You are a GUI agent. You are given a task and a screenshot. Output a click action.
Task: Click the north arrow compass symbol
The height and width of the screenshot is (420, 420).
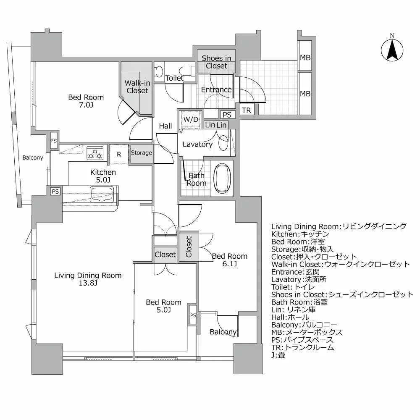point(392,50)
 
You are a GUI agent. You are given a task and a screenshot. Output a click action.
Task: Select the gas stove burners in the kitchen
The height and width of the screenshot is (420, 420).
point(95,154)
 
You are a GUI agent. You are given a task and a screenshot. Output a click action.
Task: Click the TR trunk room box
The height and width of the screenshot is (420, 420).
point(247,110)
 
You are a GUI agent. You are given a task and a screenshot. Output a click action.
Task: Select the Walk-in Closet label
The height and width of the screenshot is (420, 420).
point(137,87)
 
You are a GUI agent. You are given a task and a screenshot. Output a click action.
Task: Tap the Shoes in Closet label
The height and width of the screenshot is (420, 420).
point(216,62)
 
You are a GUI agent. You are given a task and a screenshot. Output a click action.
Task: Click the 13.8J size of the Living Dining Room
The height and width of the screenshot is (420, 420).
point(88,283)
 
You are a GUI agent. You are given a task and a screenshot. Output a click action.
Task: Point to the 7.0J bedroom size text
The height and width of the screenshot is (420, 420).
point(86,105)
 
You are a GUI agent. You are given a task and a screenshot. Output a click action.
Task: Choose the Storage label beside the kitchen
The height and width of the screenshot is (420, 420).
point(141,153)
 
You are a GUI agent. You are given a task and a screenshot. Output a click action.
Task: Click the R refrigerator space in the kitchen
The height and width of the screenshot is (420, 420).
point(119,154)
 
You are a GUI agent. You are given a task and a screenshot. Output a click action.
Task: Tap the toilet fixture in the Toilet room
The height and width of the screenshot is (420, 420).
point(160,72)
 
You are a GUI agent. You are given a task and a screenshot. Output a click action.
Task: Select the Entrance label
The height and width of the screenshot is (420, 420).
point(216,89)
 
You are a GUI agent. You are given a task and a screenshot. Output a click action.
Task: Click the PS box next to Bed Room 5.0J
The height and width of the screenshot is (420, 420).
point(193,315)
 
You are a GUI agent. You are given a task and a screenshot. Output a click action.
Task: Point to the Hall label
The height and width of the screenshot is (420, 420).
point(165,126)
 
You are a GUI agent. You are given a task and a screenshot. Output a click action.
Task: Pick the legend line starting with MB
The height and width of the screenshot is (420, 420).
point(307,332)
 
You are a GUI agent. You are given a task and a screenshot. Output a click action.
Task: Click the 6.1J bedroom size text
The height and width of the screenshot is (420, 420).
point(229,264)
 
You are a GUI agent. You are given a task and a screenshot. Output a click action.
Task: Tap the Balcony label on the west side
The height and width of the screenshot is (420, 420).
point(33,157)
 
